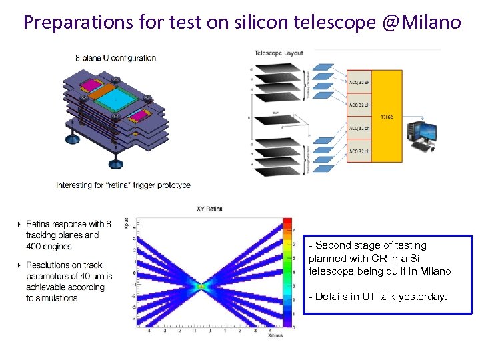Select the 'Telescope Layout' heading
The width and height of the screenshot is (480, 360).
tap(279, 53)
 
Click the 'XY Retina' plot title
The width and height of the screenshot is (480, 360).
tap(209, 209)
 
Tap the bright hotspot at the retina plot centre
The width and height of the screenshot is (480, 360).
tap(201, 286)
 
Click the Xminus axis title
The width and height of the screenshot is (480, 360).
tap(275, 335)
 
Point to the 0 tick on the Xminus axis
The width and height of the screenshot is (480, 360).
tap(210, 330)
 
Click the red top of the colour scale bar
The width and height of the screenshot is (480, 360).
tap(287, 222)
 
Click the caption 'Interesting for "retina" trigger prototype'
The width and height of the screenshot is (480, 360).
tap(123, 185)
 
